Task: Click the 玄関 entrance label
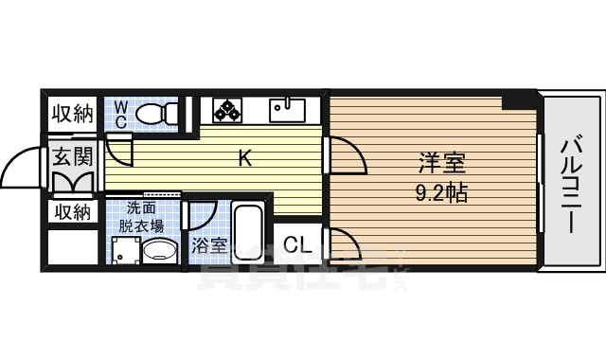tap(72, 156)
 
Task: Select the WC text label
tap(121, 115)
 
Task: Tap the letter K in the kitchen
tap(244, 158)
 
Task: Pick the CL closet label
tap(297, 245)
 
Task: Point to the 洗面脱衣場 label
tap(141, 217)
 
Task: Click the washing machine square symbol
tap(124, 252)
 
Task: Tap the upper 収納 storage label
tap(72, 115)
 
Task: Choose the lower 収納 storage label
tap(72, 211)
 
